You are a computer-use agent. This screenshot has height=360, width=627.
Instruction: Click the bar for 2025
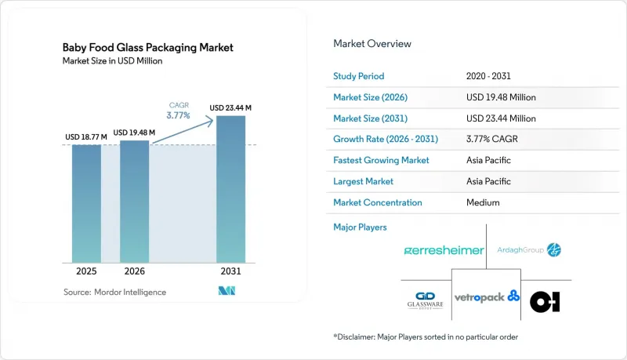click(86, 204)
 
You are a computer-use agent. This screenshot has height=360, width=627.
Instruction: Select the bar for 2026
click(134, 202)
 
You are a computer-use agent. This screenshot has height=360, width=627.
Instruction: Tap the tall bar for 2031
click(230, 189)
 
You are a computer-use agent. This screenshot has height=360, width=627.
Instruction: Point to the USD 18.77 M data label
click(86, 136)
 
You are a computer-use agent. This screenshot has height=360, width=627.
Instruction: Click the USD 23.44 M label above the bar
click(230, 108)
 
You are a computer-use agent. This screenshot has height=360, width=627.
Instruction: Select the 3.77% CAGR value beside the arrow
click(178, 115)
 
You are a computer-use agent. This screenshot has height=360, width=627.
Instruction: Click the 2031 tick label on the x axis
click(230, 271)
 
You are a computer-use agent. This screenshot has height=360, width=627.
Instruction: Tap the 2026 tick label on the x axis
click(134, 271)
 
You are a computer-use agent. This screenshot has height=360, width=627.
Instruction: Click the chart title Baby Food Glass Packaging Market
click(147, 48)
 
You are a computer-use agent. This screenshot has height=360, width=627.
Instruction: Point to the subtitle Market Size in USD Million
click(112, 61)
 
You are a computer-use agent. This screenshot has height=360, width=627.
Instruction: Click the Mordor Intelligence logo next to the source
click(227, 291)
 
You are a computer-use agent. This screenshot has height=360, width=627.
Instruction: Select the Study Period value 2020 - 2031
click(488, 76)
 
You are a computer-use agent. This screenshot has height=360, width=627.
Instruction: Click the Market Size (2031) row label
click(370, 118)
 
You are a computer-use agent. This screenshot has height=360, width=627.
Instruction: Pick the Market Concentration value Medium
click(483, 202)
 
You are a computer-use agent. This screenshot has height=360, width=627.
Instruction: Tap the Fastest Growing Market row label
click(381, 160)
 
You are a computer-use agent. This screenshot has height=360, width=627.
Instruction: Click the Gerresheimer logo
click(444, 250)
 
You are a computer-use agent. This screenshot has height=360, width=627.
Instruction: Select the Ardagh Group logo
click(528, 250)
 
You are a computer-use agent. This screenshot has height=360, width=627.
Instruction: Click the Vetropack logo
click(487, 296)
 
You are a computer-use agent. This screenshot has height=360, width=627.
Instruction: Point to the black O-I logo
click(545, 302)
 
